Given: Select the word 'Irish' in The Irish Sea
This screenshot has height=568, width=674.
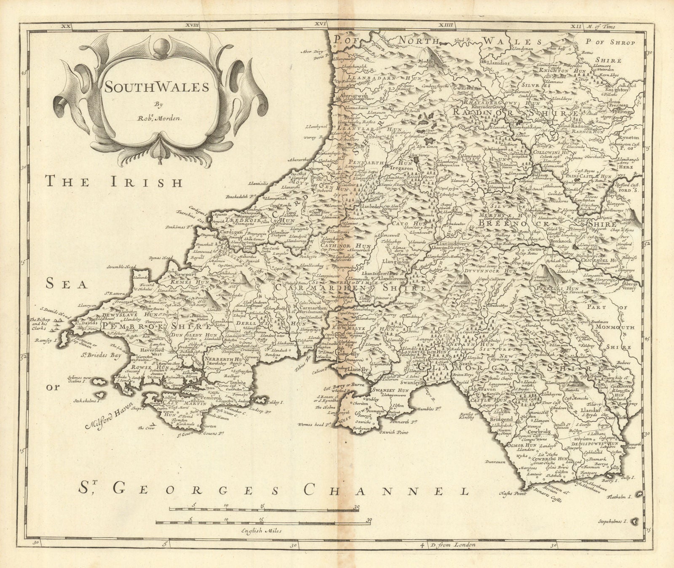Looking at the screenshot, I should click(150, 183).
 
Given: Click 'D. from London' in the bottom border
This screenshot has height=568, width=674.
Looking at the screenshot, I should click(452, 556).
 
